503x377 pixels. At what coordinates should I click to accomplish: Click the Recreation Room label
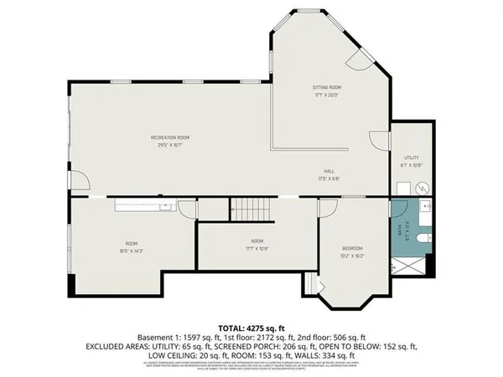[x=169, y=137]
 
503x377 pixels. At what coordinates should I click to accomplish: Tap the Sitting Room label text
[x=326, y=87]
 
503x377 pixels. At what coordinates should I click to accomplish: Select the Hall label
[x=328, y=170]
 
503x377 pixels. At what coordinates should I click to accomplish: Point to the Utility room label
[x=411, y=158]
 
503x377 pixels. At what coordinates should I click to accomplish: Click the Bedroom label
[x=352, y=248]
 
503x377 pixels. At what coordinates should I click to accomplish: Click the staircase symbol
[x=248, y=208]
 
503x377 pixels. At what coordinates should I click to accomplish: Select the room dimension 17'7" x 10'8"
[x=257, y=249]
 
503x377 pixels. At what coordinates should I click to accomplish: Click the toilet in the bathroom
[x=423, y=238]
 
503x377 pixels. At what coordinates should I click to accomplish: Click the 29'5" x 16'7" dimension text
[x=169, y=145]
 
